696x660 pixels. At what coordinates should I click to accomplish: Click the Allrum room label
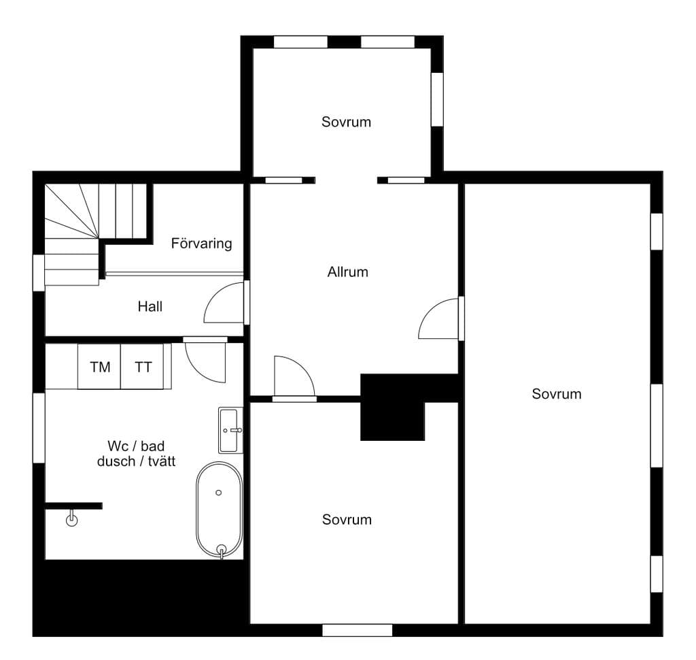[347, 271]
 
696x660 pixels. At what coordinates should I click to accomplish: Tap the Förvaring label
[201, 244]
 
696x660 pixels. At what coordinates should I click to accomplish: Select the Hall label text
[150, 306]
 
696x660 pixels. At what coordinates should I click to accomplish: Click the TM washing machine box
[99, 367]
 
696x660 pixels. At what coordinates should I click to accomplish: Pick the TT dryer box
[143, 367]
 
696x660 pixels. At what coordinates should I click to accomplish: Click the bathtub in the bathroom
[220, 510]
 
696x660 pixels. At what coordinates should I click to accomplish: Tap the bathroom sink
[230, 430]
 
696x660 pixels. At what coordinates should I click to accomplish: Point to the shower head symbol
[71, 519]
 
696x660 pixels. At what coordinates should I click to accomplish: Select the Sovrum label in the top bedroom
[346, 122]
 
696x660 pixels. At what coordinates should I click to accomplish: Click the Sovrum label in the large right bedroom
[557, 394]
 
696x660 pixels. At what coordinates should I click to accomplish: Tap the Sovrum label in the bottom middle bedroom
[347, 520]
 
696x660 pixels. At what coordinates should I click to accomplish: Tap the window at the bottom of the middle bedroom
[358, 630]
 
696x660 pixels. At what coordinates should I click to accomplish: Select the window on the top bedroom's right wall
[437, 99]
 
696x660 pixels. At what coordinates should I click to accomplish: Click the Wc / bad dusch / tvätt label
[136, 454]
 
